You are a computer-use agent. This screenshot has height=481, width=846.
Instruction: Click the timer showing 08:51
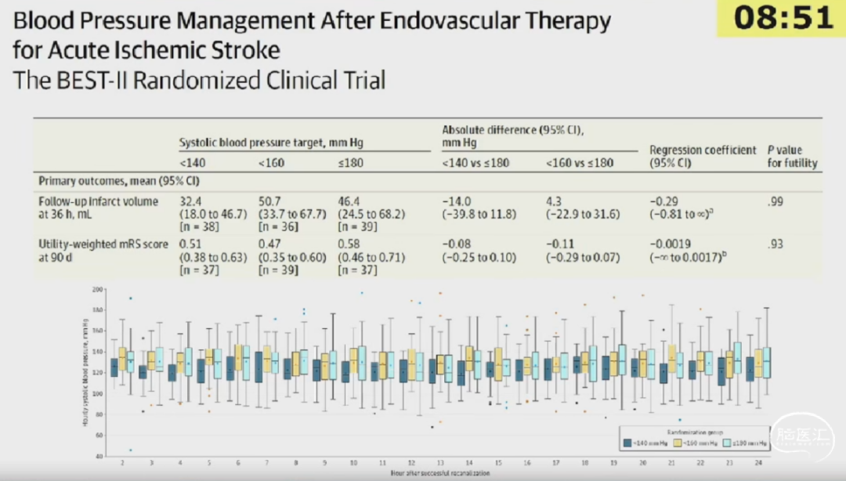[780, 18]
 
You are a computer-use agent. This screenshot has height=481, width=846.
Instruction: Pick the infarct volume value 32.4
[191, 202]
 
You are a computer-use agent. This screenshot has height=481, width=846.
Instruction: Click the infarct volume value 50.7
[270, 202]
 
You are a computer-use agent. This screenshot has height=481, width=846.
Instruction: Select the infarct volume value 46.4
[349, 202]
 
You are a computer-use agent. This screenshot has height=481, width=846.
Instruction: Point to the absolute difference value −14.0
[457, 202]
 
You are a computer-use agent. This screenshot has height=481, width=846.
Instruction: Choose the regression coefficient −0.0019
[671, 244]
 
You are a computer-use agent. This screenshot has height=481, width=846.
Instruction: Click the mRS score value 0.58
[349, 244]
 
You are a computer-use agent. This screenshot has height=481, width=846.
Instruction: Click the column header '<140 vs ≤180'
[477, 163]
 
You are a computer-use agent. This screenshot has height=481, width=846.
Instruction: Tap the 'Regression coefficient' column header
[703, 150]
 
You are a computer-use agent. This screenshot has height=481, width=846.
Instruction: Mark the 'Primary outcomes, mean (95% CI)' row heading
[119, 180]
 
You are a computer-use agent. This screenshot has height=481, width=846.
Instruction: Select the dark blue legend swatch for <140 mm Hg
[627, 443]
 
